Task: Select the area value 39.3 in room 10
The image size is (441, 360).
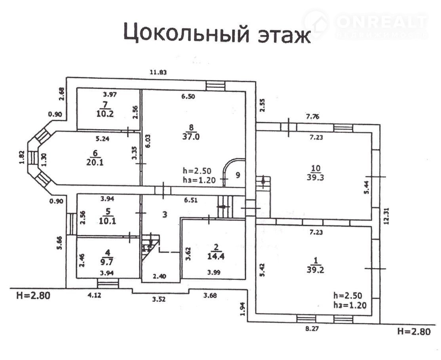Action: point(316,177)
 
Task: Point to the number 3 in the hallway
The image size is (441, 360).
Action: point(165,214)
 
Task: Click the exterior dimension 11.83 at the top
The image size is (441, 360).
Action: point(157,72)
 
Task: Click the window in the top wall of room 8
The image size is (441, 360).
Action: point(215,85)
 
